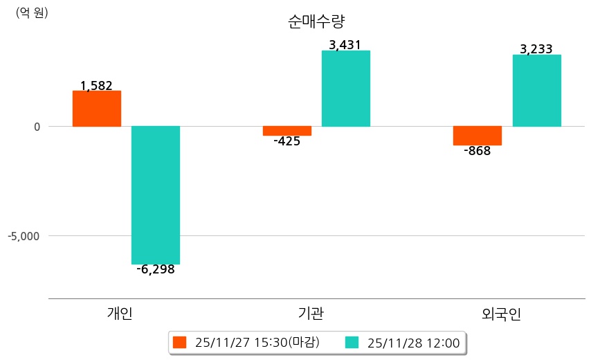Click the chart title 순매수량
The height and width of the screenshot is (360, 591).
click(x=316, y=21)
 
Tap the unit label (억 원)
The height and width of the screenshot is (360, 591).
click(x=32, y=12)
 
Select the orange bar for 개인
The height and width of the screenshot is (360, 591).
click(x=96, y=109)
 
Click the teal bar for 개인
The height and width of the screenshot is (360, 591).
click(x=156, y=195)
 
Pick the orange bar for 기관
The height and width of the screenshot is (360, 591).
click(x=287, y=131)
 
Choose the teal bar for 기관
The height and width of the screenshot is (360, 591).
click(x=346, y=89)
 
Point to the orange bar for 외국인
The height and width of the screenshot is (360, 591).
click(x=477, y=136)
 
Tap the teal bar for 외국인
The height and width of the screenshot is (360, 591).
click(x=536, y=91)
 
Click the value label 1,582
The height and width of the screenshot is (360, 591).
click(x=96, y=86)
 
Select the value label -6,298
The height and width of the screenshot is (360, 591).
click(x=156, y=269)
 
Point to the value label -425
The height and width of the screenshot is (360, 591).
click(x=287, y=141)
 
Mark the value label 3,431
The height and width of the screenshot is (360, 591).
click(x=345, y=45)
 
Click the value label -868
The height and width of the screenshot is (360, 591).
click(x=477, y=151)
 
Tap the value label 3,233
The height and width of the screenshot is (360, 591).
click(x=536, y=49)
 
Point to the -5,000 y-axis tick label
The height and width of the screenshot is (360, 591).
click(x=24, y=236)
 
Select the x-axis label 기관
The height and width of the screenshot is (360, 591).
click(x=306, y=314)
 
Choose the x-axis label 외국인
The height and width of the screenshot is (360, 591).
click(x=501, y=314)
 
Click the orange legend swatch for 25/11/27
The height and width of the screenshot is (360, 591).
click(x=180, y=343)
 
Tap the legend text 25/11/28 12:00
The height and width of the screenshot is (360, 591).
click(x=414, y=343)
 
